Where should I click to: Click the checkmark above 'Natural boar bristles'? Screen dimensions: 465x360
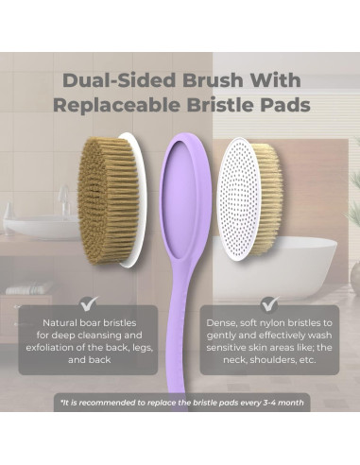click(90, 303)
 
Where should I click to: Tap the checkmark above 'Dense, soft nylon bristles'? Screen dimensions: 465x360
click(269, 303)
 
